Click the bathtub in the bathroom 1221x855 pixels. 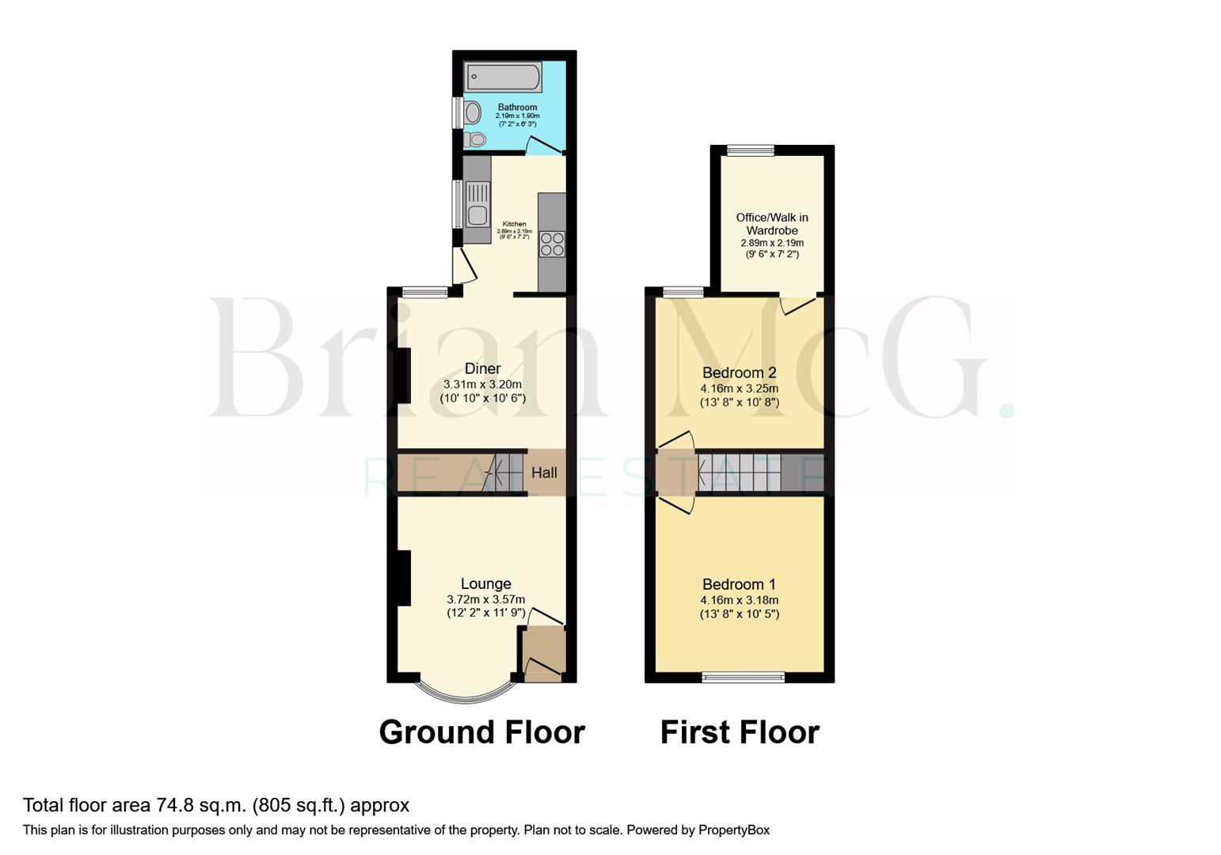coord(503,78)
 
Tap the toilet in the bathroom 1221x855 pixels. coord(475,139)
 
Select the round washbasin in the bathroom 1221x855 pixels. coord(473,114)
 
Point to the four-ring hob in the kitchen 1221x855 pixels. coord(552,244)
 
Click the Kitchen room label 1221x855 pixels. coord(514,224)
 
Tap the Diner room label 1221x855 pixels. coord(482,369)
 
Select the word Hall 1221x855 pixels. coord(544,473)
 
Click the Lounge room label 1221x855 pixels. coord(485,584)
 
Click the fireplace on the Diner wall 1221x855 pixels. coord(403,374)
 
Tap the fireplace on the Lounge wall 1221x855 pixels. coord(403,579)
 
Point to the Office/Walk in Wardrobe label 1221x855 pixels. coord(772,224)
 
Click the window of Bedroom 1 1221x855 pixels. coord(743,677)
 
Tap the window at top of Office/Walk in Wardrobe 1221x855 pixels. coord(751,150)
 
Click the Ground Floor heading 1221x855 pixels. coord(481,732)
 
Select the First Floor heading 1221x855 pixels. coord(740,732)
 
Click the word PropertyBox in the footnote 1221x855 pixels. coord(733,830)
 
